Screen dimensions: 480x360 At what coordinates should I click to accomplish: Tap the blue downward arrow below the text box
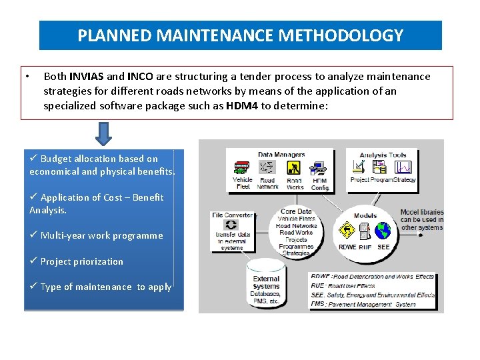click(103, 133)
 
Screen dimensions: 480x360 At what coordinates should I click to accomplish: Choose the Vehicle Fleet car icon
click(242, 167)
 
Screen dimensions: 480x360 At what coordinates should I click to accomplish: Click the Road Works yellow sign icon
click(294, 167)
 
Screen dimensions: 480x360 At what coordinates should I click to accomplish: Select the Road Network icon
click(267, 167)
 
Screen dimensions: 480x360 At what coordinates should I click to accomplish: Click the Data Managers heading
click(281, 155)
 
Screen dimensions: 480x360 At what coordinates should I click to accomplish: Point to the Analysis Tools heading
click(383, 155)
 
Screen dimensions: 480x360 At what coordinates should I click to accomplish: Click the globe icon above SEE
click(383, 231)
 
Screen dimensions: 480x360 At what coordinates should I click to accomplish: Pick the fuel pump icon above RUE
click(365, 231)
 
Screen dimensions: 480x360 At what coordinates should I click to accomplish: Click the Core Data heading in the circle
click(296, 211)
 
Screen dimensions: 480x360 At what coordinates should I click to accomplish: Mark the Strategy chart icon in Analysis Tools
click(403, 167)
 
